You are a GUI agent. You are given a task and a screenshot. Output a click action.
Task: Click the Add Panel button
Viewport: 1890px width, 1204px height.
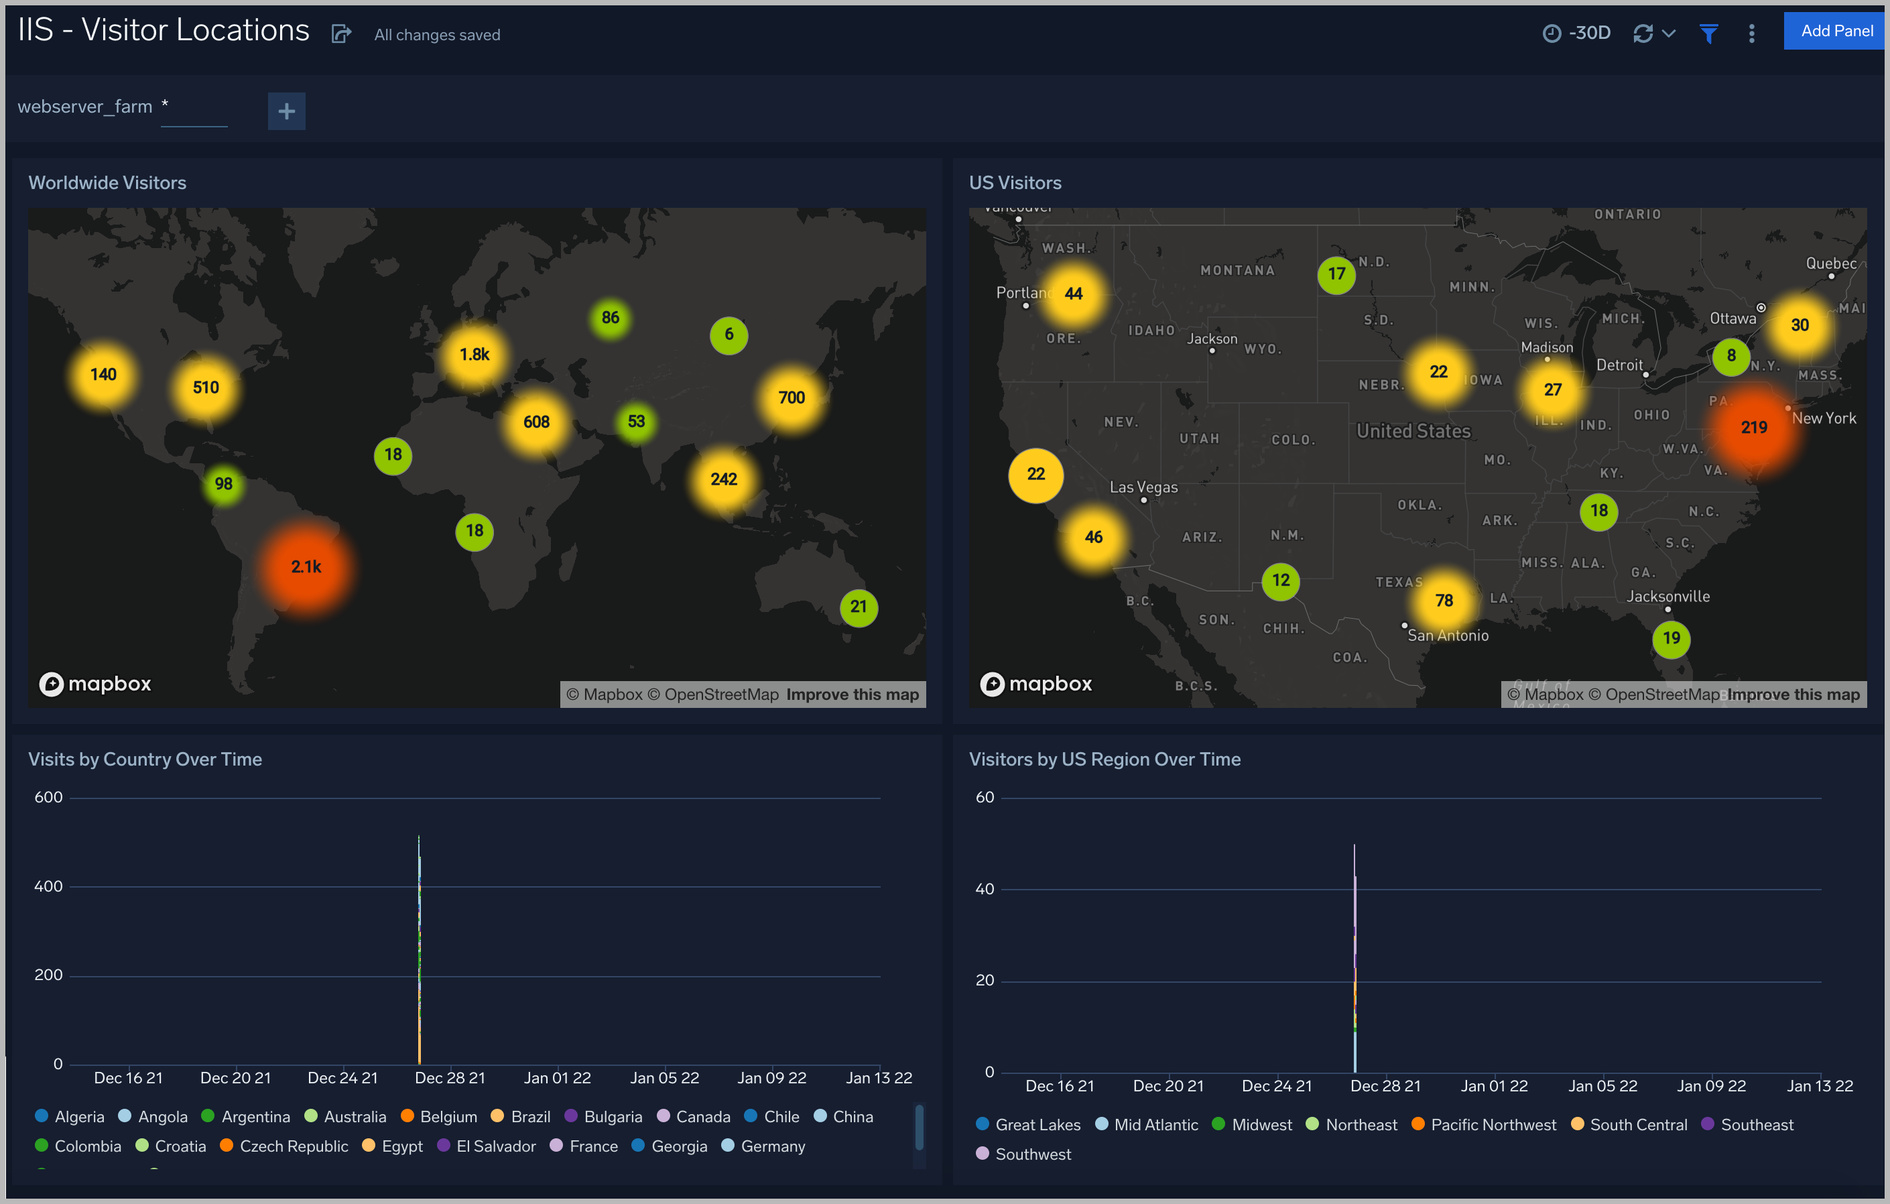click(1835, 32)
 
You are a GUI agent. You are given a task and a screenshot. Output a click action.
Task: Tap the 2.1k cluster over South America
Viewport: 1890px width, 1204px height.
click(306, 566)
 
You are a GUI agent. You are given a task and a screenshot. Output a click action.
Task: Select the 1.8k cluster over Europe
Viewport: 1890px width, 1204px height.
click(474, 355)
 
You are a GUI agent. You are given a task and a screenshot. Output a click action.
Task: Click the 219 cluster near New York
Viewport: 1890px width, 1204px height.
click(1753, 428)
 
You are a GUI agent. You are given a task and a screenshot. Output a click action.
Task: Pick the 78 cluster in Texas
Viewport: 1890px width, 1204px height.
click(1444, 601)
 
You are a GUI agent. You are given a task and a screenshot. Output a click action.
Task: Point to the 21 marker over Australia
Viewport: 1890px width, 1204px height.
click(858, 607)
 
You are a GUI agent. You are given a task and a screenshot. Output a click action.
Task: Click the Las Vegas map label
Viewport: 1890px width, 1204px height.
click(1143, 487)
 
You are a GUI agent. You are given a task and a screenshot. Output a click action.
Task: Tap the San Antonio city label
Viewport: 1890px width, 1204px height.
click(1448, 636)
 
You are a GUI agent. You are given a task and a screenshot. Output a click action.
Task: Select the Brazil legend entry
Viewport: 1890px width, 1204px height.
click(529, 1117)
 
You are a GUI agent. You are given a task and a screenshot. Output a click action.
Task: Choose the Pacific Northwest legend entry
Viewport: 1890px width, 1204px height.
click(1492, 1125)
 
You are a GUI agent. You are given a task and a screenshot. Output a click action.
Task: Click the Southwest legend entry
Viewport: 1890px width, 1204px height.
click(1032, 1154)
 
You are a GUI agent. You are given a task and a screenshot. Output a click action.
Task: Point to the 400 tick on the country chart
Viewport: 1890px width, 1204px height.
click(49, 886)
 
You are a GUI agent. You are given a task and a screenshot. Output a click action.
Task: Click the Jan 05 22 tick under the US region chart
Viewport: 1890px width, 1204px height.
click(1602, 1086)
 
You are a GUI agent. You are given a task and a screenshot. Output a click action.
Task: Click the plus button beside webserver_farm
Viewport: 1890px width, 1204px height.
click(286, 111)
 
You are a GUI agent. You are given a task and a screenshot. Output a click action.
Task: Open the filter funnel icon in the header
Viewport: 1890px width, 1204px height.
click(1708, 33)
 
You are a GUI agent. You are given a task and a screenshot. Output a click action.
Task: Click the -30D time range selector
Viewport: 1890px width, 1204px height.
click(1577, 33)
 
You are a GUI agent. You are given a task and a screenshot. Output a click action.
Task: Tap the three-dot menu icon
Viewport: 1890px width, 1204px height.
click(1751, 33)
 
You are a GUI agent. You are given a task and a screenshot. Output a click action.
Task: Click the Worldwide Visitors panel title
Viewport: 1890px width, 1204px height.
click(107, 183)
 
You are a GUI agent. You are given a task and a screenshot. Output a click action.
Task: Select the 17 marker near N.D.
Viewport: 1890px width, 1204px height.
click(1336, 275)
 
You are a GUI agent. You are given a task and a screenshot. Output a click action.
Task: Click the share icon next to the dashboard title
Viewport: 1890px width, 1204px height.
click(340, 34)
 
